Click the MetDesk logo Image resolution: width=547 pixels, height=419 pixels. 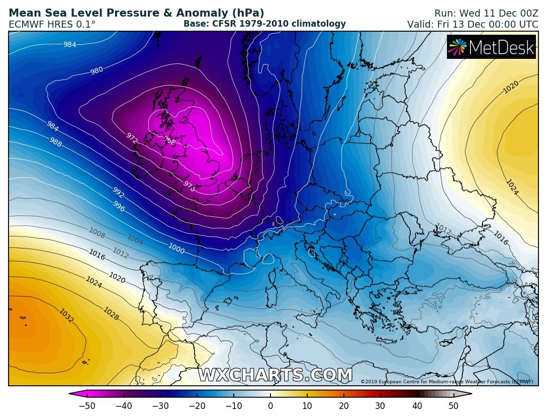491,47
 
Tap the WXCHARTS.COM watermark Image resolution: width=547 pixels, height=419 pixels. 275,375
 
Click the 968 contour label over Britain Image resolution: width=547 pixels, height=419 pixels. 170,142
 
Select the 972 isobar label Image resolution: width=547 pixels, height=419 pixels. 132,137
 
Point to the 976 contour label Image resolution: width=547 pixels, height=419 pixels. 189,186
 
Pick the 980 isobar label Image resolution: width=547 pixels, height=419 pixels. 97,71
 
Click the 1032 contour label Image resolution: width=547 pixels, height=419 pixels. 66,315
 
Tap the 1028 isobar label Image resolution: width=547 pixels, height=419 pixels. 111,314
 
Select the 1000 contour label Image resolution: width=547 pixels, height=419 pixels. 176,248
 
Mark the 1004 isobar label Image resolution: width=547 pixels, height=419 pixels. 135,239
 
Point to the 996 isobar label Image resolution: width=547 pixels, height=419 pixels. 119,206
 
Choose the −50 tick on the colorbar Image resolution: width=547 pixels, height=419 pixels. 87,406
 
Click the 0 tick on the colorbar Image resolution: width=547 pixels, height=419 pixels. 270,406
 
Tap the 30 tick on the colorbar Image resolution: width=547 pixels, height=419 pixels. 381,406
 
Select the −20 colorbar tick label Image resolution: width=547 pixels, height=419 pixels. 197,406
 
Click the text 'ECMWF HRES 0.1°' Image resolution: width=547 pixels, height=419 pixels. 52,24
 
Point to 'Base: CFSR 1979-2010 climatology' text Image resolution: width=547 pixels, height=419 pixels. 264,24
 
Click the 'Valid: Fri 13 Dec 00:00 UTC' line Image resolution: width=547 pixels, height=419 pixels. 473,24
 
